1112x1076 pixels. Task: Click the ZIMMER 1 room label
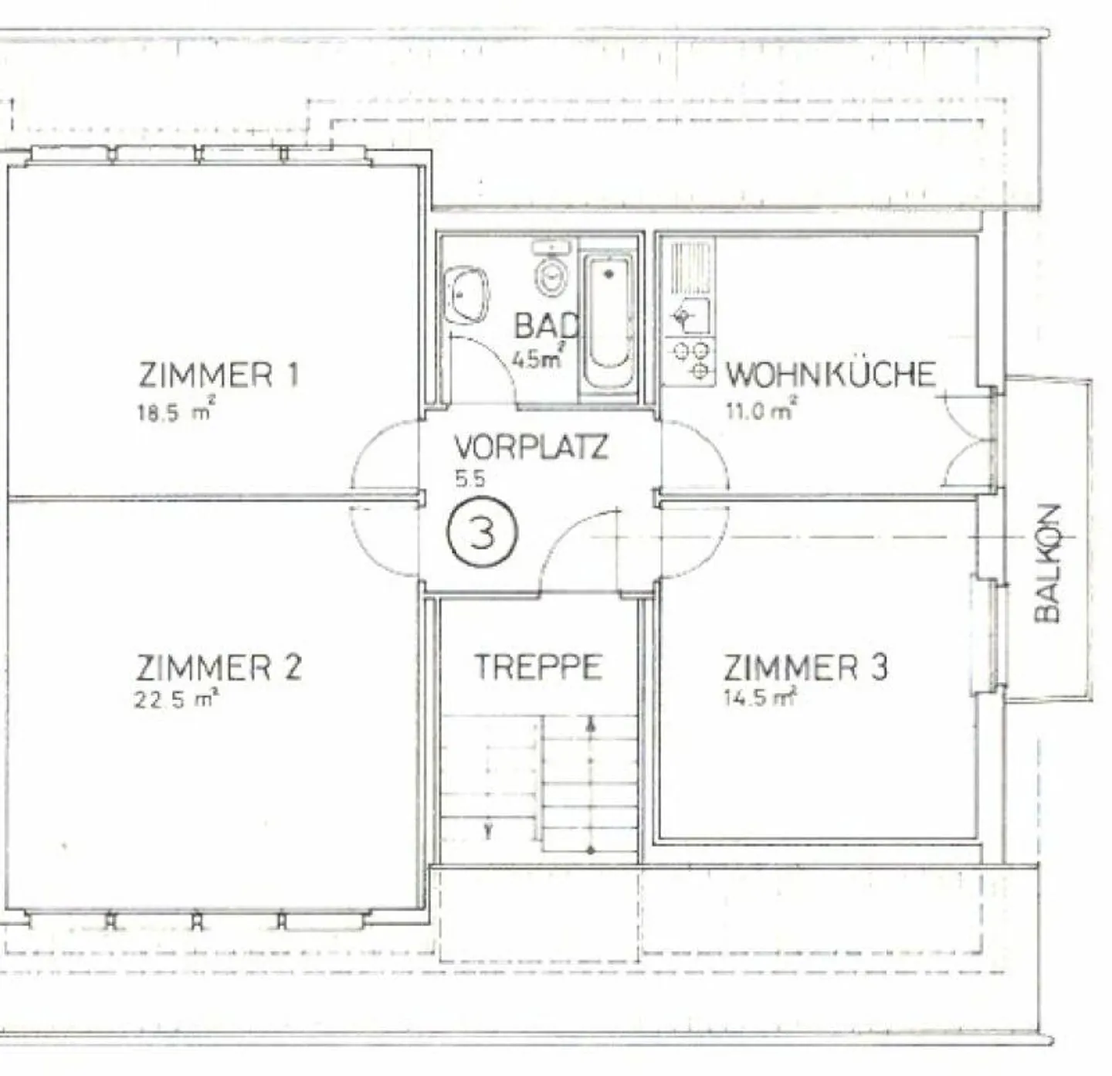[218, 375]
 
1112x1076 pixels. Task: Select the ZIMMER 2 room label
[219, 667]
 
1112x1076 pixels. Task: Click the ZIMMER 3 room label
[805, 667]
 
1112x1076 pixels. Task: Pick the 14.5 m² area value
[759, 698]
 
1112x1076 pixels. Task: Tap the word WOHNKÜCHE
[830, 375]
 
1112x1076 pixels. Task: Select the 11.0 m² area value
[761, 409]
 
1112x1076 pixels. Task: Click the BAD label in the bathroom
[546, 326]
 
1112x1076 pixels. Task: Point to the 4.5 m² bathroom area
[538, 359]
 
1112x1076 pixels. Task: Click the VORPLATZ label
[531, 448]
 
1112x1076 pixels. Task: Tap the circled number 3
[483, 533]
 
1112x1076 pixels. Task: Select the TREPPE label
[537, 667]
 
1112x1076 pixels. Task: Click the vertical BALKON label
[1048, 564]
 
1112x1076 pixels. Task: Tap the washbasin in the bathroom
[466, 294]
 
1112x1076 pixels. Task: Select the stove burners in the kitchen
[691, 361]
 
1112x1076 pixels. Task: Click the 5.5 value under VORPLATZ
[470, 480]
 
